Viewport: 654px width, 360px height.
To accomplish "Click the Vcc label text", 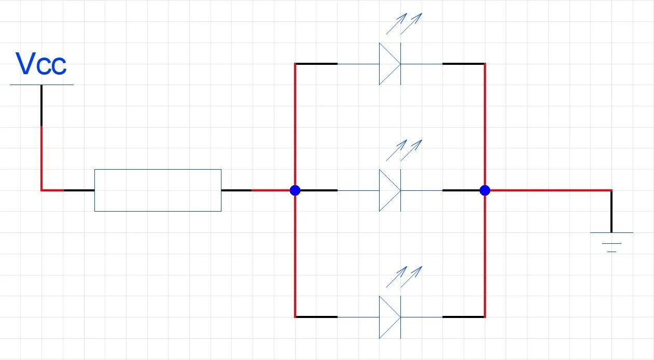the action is tap(41, 64).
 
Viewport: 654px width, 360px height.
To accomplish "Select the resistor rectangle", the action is tap(158, 190).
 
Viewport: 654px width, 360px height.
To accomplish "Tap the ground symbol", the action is tap(611, 242).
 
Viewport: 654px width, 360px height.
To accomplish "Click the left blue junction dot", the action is tap(295, 190).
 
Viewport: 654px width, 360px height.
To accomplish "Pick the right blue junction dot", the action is tap(484, 190).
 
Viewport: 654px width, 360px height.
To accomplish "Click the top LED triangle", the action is tap(389, 64).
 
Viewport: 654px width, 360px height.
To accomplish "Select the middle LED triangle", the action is tap(389, 190).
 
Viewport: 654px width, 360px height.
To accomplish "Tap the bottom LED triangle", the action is tap(389, 317).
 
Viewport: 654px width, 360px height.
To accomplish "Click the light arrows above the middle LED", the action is tap(405, 150).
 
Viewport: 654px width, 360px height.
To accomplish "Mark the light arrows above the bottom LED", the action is tap(405, 277).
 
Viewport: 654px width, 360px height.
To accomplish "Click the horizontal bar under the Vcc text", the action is tap(41, 85).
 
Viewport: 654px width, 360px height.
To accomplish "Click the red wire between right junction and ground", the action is tap(550, 190).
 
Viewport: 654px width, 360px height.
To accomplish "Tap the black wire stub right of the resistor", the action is tap(236, 190).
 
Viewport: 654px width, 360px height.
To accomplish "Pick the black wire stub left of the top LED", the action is tap(316, 64).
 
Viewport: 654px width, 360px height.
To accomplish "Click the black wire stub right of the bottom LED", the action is tap(463, 317).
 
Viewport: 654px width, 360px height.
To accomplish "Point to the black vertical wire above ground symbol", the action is tap(611, 212).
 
